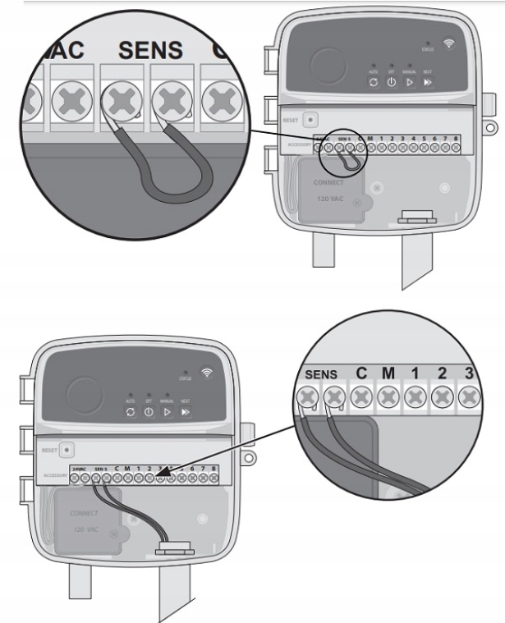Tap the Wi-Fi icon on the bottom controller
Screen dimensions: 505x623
(x=207, y=373)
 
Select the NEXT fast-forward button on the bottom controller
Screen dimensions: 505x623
(x=186, y=410)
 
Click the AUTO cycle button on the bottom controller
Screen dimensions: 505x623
(x=131, y=410)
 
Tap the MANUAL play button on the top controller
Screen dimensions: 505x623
(x=409, y=83)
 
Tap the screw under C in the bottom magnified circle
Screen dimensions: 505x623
(x=360, y=398)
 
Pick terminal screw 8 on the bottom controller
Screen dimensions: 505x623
(x=214, y=478)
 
